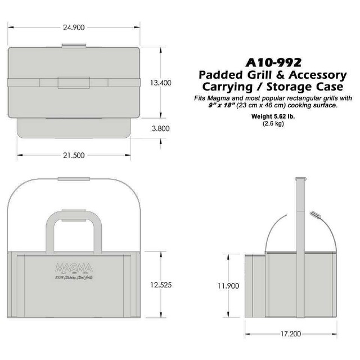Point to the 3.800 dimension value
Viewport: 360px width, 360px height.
tap(160, 128)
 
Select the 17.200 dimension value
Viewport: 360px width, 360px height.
tap(290, 334)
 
